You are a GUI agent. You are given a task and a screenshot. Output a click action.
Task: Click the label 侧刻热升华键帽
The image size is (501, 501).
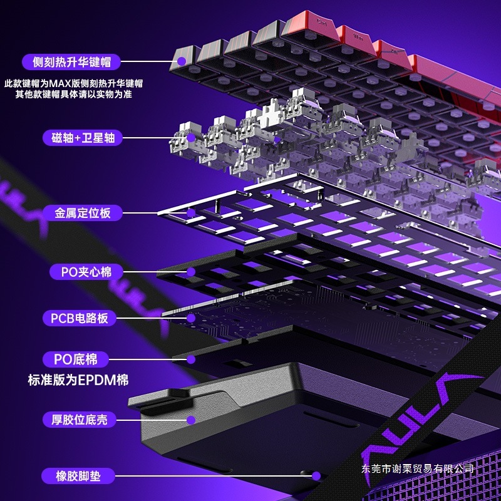70,61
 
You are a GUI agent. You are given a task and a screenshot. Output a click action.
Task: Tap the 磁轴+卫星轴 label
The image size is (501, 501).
79,138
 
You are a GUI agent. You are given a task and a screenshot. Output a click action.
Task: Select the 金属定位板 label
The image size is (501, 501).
82,213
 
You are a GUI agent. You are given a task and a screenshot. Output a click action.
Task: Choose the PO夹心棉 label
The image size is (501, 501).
81,272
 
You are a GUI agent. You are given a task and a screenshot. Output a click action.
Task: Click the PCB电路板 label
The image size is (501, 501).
79,318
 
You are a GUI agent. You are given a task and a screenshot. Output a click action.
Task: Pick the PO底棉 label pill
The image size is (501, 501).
76,359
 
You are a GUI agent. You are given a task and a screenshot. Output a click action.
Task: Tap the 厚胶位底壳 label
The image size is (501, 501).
79,419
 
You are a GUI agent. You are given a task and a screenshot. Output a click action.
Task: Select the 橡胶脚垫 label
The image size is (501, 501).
77,476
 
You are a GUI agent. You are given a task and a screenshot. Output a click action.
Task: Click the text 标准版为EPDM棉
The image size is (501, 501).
78,380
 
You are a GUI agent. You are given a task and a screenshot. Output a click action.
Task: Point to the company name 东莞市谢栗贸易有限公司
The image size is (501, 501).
418,468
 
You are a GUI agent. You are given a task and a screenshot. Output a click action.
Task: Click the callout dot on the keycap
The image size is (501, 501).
182,61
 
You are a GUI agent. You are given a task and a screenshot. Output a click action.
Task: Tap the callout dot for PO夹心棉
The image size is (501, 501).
192,272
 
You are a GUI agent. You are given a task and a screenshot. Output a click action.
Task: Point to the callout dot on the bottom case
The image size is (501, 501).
191,419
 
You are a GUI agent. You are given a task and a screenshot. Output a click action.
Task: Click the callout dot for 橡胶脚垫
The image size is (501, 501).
316,476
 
